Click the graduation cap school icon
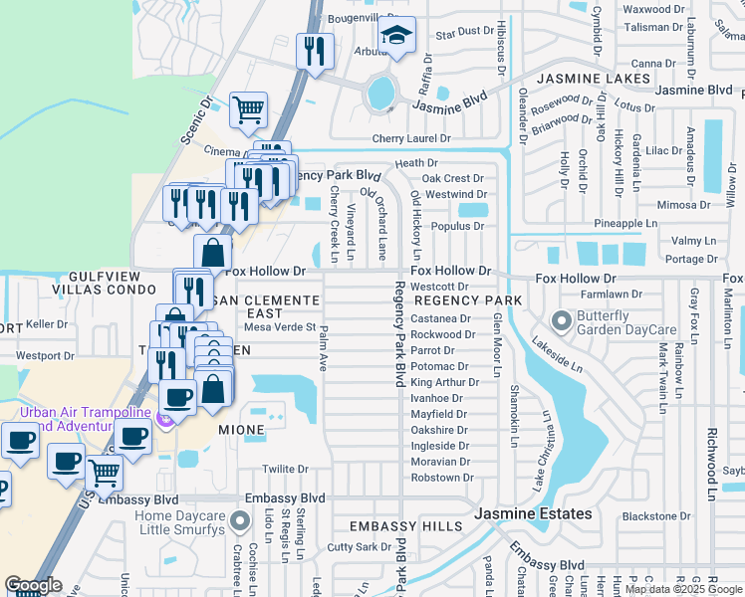(x=396, y=38)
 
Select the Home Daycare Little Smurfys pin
(x=239, y=521)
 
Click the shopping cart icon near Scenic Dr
(x=248, y=109)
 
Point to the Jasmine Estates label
(x=533, y=514)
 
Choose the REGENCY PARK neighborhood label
(x=468, y=300)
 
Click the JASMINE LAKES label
(x=585, y=78)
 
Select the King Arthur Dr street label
(x=438, y=382)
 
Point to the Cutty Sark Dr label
(x=361, y=547)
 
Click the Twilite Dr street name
(x=285, y=470)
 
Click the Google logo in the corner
(x=33, y=585)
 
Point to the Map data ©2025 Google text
(x=684, y=589)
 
